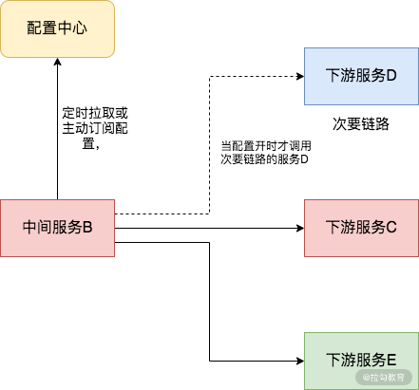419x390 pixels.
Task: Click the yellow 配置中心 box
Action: (57, 28)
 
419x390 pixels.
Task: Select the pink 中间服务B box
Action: (57, 228)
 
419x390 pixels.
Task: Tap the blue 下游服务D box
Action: (360, 76)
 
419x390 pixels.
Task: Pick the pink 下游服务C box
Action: (360, 228)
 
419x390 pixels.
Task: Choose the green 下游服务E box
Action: (360, 361)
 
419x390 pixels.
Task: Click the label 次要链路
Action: (361, 124)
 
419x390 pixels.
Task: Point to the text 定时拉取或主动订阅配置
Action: (94, 128)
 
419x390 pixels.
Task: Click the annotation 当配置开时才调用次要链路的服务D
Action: (266, 153)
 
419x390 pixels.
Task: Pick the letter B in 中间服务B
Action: (86, 228)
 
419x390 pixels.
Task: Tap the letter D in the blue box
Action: (390, 76)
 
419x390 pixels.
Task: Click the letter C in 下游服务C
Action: (390, 228)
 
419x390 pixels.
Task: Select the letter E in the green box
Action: (390, 361)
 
